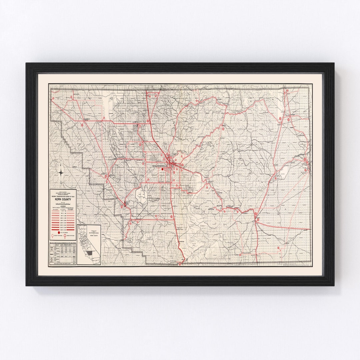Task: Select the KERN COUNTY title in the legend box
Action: [x=63, y=200]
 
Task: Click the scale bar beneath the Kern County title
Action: [x=63, y=203]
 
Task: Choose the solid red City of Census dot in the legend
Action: [x=59, y=232]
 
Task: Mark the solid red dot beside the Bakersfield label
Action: [x=163, y=169]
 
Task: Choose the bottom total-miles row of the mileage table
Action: [x=63, y=264]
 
